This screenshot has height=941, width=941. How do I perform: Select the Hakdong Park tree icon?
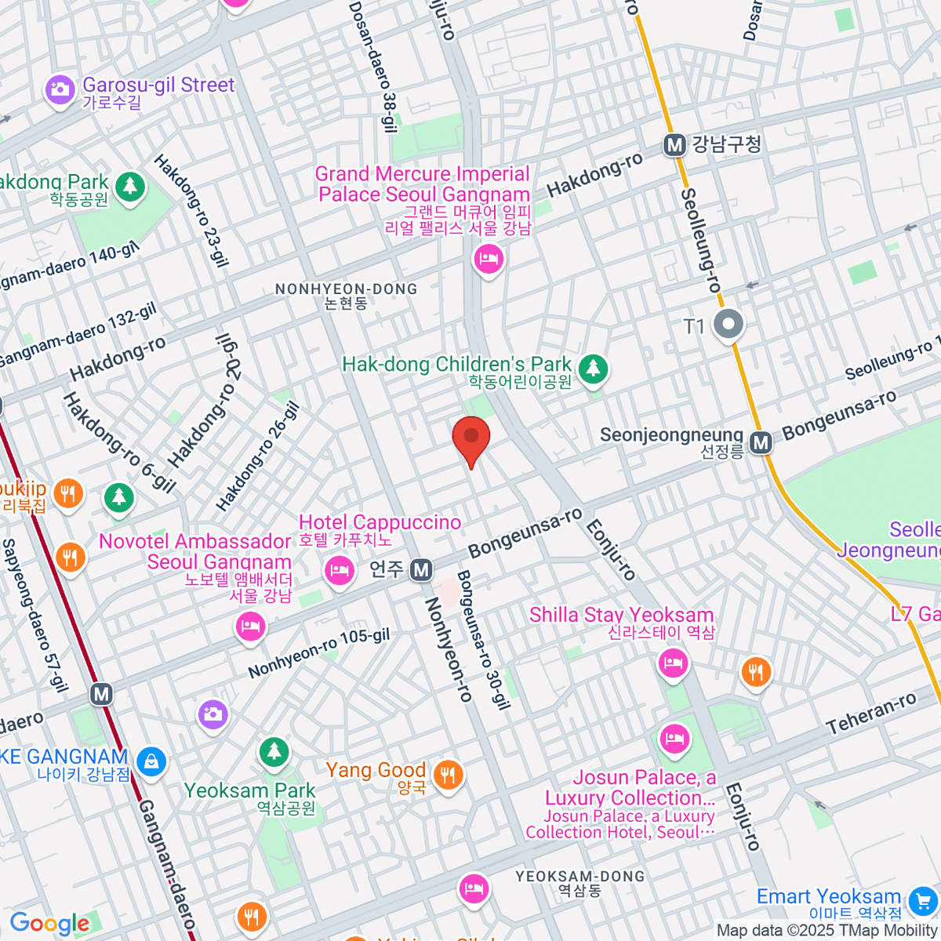click(x=130, y=187)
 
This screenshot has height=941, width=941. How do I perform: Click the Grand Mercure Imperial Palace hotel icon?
click(x=489, y=258)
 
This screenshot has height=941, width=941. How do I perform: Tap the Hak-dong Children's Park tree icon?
click(x=593, y=367)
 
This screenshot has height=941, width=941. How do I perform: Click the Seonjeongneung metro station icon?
click(x=760, y=443)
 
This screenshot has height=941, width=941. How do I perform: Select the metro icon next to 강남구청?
click(x=674, y=145)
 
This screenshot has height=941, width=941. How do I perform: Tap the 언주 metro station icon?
click(x=421, y=570)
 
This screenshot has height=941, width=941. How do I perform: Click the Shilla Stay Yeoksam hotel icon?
click(x=673, y=663)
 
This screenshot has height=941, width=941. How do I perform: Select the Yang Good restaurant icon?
click(x=448, y=776)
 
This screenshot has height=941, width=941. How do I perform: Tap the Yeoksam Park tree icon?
click(x=274, y=752)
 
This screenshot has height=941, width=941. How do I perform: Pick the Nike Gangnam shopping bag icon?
click(x=151, y=761)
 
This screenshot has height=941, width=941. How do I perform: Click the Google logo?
click(x=49, y=924)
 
